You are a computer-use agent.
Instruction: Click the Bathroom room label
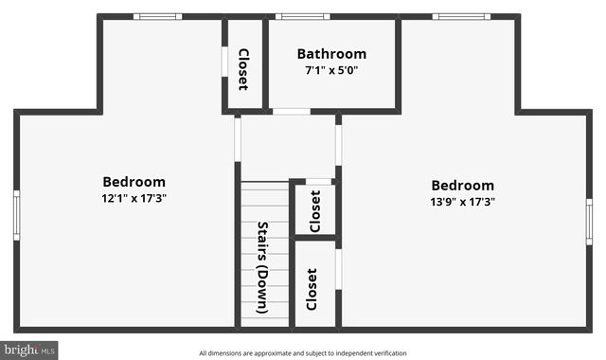coord(331,54)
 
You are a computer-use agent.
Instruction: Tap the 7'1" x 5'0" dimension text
coord(331,70)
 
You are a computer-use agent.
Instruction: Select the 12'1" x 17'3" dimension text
coord(134,198)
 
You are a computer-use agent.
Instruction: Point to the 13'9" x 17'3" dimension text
coord(463,201)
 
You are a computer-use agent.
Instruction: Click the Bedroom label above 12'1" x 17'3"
coord(134,182)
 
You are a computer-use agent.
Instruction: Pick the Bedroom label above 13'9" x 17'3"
coord(463,186)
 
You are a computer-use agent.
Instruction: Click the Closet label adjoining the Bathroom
coord(243,69)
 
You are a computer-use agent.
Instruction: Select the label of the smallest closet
coord(315,210)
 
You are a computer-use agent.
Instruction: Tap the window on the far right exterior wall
coord(589,221)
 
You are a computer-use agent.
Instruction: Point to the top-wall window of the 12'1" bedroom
coord(157,16)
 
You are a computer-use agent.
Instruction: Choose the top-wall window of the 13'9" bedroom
coord(461,16)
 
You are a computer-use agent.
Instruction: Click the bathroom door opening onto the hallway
coord(292,112)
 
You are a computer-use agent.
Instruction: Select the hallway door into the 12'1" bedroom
coord(238,138)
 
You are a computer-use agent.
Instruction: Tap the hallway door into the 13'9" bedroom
coord(338,145)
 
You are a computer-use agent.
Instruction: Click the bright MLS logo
coord(29,350)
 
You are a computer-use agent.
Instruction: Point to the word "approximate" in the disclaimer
coord(271,353)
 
